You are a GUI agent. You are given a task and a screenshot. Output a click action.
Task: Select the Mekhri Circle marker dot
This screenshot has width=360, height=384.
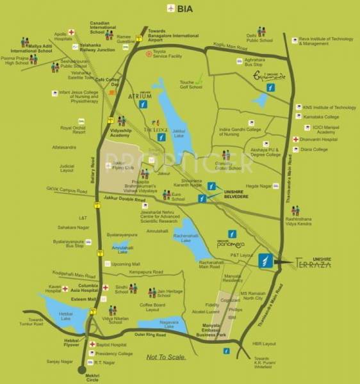coord(79,372)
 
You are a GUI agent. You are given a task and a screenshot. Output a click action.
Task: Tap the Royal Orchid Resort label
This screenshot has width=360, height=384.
coord(73,130)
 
